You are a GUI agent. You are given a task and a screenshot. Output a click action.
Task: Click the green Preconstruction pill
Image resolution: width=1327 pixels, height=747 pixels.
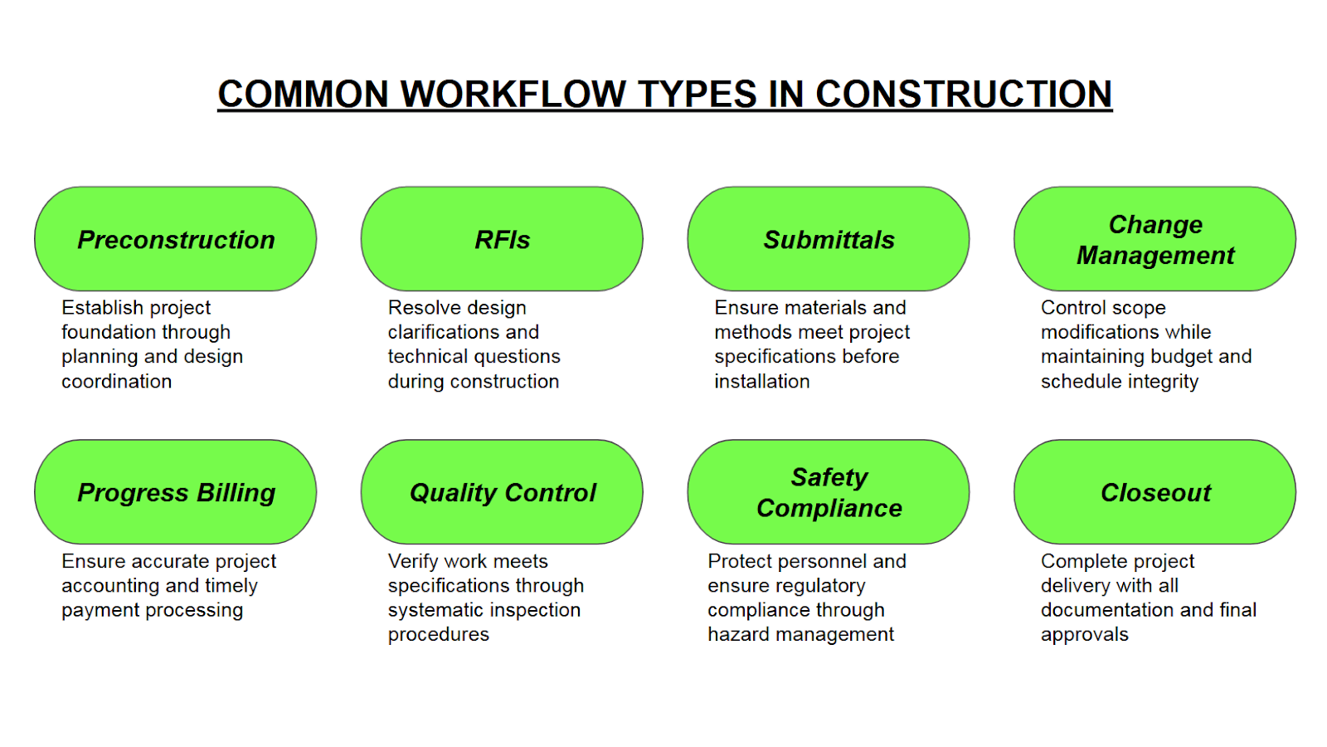(175, 239)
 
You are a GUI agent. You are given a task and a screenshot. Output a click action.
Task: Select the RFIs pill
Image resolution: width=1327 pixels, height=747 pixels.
(502, 239)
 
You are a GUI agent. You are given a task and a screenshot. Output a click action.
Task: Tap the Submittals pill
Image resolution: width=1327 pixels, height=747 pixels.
(829, 239)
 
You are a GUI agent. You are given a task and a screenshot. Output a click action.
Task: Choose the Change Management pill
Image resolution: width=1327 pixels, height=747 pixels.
(1155, 239)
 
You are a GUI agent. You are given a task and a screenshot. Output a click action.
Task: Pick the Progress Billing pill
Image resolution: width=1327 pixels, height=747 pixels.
(175, 492)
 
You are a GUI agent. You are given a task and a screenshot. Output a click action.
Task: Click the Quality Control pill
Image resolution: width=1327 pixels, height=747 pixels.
(502, 492)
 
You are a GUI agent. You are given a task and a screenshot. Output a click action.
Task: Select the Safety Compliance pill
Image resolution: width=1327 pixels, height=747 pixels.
(829, 492)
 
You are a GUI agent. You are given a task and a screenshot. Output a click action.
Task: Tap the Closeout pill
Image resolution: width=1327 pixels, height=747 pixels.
(1155, 492)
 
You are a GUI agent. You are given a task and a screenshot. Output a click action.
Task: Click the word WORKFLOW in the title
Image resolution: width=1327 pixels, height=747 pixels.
(513, 94)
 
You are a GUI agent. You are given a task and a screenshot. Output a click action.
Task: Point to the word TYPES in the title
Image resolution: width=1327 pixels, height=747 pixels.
(697, 94)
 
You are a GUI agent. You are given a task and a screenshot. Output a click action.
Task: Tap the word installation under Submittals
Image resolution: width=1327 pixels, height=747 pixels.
(762, 381)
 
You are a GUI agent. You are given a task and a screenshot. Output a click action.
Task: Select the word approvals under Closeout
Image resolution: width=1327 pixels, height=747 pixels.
(1085, 634)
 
